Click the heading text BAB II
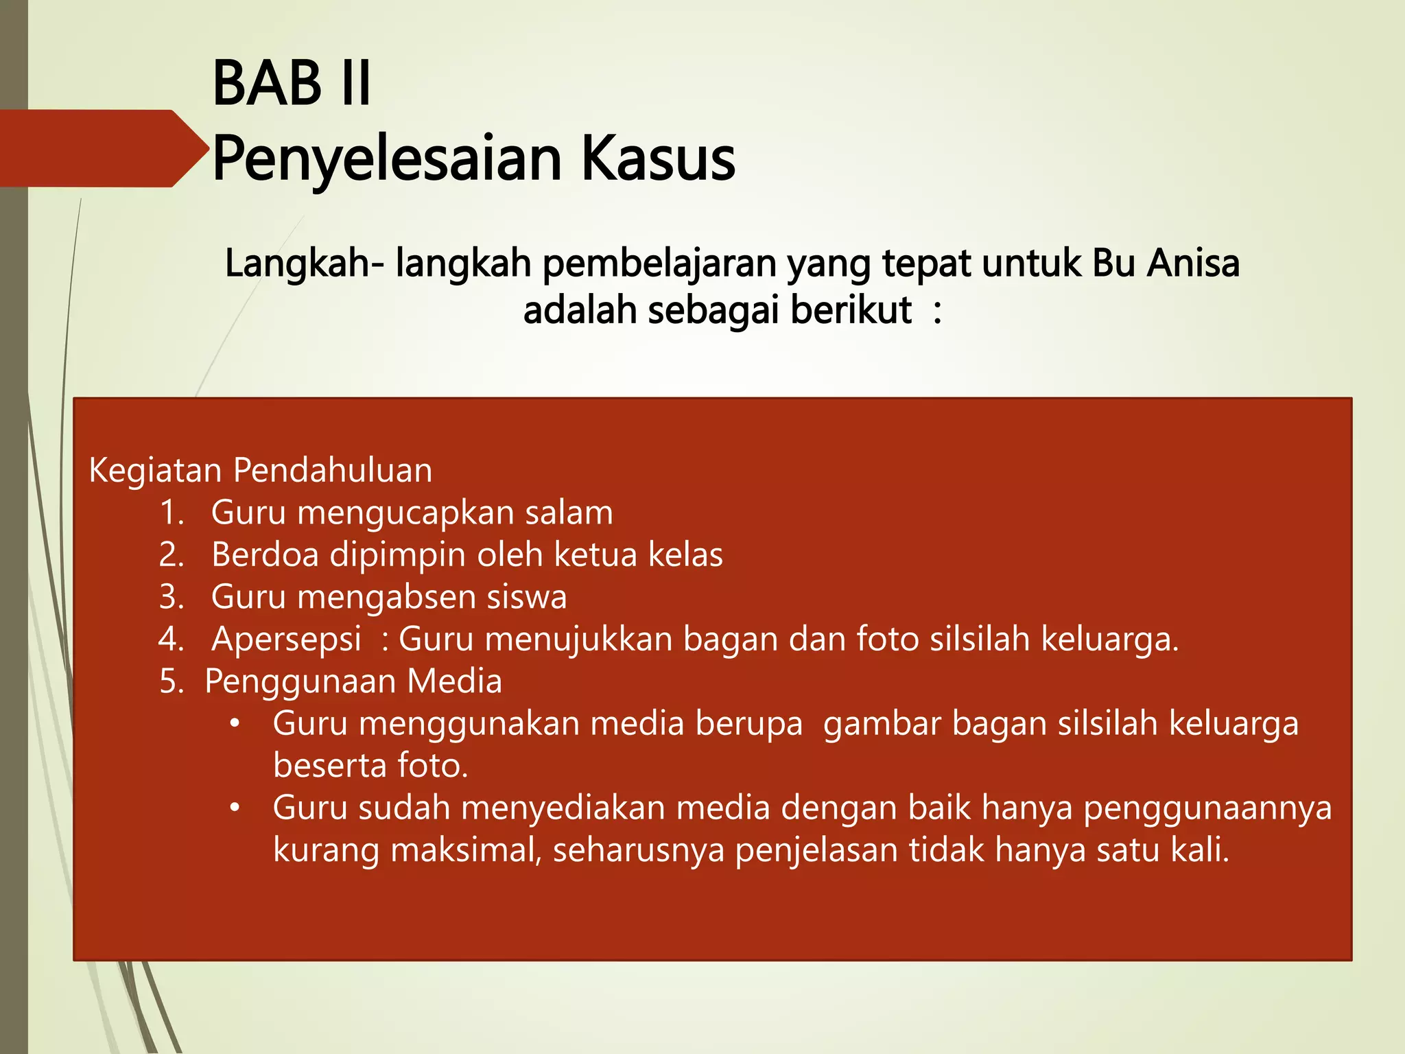tap(292, 84)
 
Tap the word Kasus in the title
tap(658, 159)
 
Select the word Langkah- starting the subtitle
tap(305, 263)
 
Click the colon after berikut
tap(937, 311)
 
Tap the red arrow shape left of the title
tap(96, 148)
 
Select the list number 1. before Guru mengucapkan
tap(172, 513)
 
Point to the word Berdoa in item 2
tap(265, 555)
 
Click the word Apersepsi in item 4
tap(286, 640)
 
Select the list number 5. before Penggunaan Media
tap(172, 682)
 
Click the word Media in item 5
tap(454, 682)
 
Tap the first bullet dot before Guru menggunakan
tap(235, 724)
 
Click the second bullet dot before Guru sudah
tap(235, 808)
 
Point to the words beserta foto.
tap(370, 766)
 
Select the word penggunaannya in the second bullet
tap(1207, 808)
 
